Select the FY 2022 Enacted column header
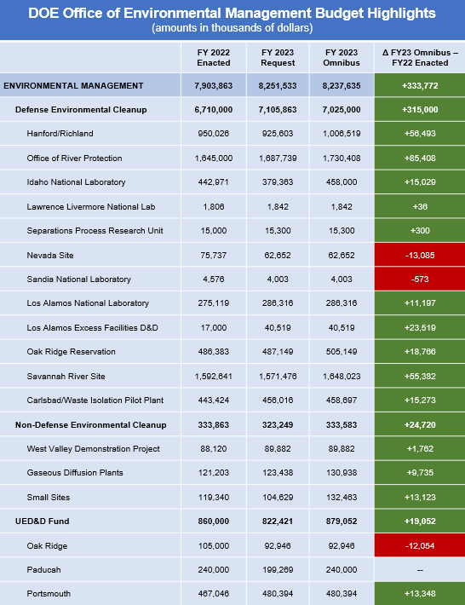click(x=214, y=57)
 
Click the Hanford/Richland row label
click(x=60, y=134)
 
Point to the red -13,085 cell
click(x=419, y=255)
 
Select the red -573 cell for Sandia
click(x=419, y=279)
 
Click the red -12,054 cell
click(x=419, y=545)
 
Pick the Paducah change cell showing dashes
click(x=419, y=570)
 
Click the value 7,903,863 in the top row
click(x=214, y=85)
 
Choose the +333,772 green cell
click(x=419, y=85)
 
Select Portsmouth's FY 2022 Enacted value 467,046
click(x=214, y=594)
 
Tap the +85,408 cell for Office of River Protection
click(x=419, y=158)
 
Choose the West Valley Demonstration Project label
click(x=93, y=448)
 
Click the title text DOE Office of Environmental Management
click(x=232, y=14)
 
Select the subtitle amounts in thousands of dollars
click(x=232, y=28)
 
